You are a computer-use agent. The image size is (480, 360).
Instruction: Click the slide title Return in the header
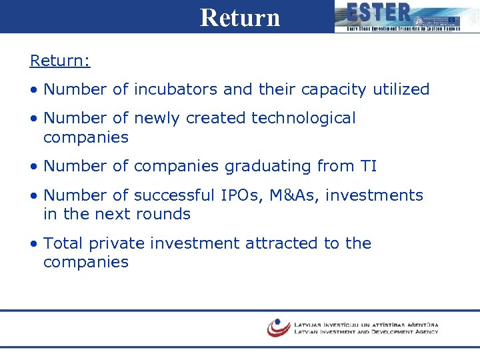coord(240,17)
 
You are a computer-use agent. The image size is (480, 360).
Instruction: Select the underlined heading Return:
coord(60,61)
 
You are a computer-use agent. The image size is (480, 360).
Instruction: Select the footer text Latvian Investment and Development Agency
coord(366,331)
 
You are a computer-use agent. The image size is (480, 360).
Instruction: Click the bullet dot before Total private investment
coord(33,244)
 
